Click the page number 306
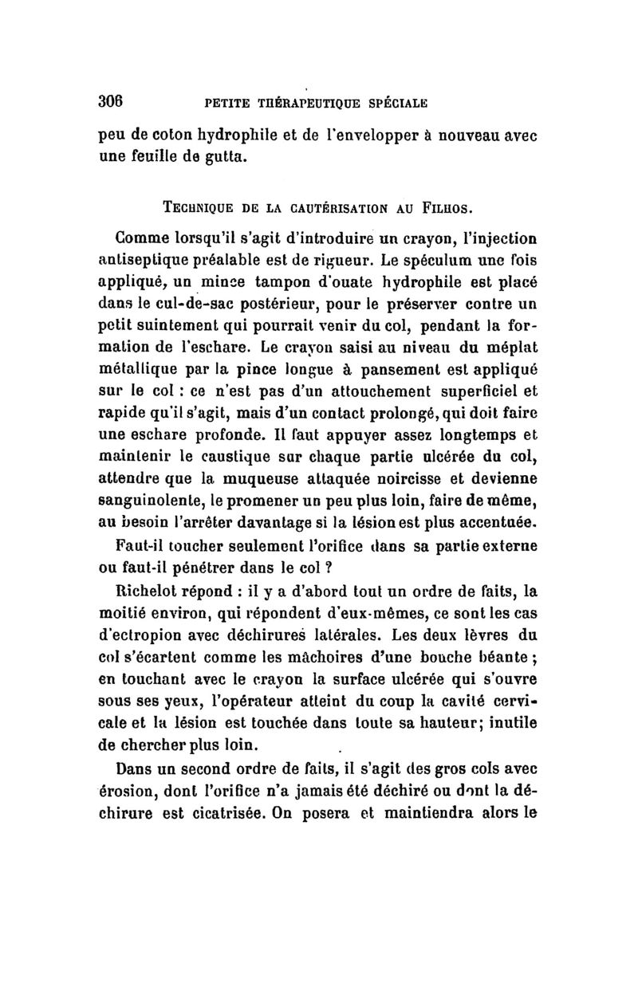click(x=109, y=101)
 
